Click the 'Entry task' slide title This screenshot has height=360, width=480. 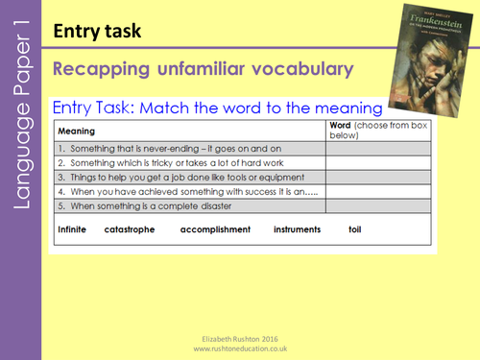97,32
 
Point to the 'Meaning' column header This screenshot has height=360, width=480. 79,131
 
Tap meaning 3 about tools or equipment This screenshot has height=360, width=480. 168,178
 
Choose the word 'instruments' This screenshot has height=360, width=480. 298,230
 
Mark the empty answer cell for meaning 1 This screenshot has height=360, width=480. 379,150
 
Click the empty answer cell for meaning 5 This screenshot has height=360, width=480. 379,206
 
